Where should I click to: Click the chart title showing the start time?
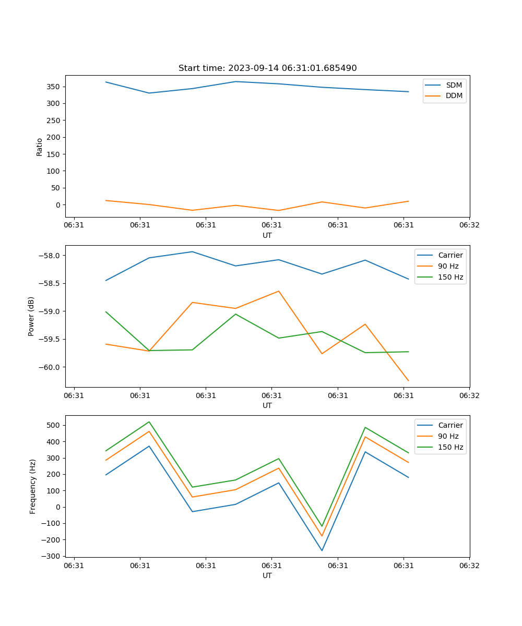point(267,68)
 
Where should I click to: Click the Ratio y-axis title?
point(40,147)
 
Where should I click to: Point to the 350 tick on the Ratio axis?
point(54,87)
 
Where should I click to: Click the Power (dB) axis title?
point(31,316)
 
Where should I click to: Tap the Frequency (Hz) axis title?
point(33,486)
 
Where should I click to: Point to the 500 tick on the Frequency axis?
point(54,425)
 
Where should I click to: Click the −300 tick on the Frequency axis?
point(52,556)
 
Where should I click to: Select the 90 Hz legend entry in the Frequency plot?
point(448,436)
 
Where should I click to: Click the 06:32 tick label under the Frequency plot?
point(469,565)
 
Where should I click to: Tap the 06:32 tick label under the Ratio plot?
point(469,225)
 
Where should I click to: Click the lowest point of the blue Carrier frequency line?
point(322,550)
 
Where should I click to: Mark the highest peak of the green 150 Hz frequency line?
point(149,422)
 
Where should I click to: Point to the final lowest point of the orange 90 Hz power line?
point(408,381)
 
